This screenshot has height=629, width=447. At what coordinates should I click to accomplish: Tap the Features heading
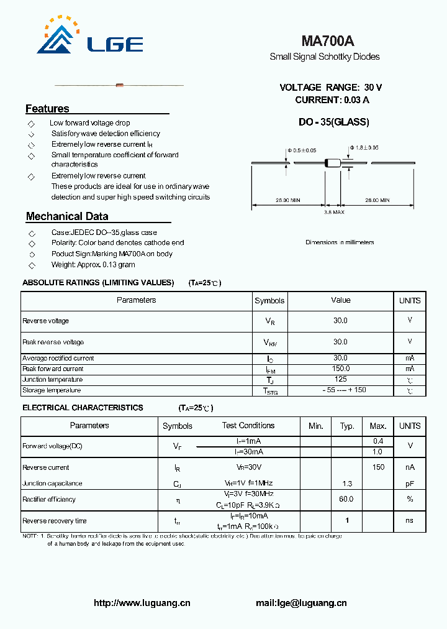(47, 109)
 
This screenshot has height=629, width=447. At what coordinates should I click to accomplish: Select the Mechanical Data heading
(67, 216)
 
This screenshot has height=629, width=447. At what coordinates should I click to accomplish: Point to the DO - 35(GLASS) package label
(333, 122)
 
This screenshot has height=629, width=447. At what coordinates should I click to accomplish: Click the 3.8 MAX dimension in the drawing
(334, 212)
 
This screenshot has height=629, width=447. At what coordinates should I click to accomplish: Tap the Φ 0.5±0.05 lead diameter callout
(302, 150)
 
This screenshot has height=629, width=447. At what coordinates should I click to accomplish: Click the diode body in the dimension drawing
(333, 163)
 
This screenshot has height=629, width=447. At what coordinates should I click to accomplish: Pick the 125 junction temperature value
(340, 379)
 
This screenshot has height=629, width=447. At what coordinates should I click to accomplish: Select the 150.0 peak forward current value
(340, 369)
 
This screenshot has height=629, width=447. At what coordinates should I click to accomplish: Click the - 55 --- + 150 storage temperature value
(340, 390)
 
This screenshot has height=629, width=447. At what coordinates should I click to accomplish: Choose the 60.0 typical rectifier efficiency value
(346, 499)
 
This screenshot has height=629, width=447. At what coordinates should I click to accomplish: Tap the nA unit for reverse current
(410, 467)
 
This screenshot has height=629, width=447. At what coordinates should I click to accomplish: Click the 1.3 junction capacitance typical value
(347, 483)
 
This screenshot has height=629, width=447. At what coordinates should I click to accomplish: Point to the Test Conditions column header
(248, 426)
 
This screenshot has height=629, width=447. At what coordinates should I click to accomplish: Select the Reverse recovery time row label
(55, 521)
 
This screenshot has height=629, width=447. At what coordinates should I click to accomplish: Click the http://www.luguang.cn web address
(142, 603)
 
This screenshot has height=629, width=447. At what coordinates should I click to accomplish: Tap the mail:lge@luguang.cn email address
(301, 603)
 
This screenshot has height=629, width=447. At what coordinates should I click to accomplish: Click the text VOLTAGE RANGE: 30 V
(331, 88)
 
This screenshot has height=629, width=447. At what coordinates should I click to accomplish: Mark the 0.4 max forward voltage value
(378, 441)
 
